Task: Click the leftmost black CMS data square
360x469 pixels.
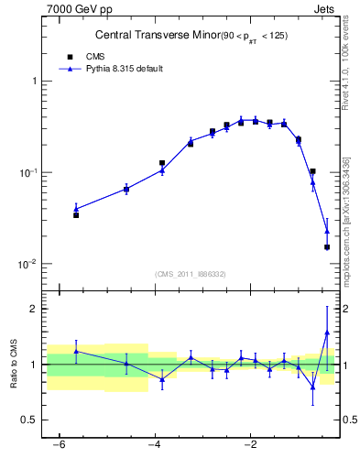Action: pyautogui.click(x=76, y=215)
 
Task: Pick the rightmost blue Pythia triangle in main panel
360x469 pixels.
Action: pyautogui.click(x=327, y=232)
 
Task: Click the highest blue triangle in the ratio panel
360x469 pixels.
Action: pyautogui.click(x=327, y=333)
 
